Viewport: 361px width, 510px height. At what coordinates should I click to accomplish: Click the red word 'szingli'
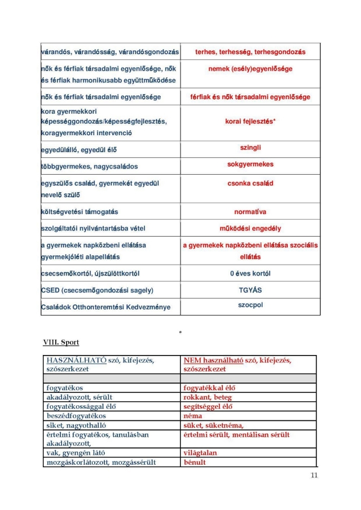click(x=250, y=148)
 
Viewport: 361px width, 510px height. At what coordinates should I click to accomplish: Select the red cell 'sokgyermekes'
click(x=250, y=165)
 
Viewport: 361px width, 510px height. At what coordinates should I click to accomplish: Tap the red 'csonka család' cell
click(x=250, y=183)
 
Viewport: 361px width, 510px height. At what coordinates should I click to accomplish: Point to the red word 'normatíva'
click(x=250, y=212)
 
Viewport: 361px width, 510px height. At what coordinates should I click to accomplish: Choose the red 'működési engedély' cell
click(x=250, y=228)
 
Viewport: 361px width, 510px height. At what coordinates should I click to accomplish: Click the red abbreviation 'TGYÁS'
click(x=250, y=290)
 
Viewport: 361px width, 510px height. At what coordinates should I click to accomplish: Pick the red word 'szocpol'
click(x=250, y=305)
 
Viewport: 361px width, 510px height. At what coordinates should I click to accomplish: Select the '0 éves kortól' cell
click(x=250, y=273)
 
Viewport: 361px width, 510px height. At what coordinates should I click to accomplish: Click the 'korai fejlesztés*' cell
click(x=250, y=121)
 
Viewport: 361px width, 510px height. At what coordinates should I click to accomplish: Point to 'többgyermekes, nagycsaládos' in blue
click(x=89, y=167)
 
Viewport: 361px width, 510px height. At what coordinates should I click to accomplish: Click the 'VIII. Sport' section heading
click(x=61, y=343)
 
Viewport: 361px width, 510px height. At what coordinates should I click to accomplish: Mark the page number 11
click(x=314, y=476)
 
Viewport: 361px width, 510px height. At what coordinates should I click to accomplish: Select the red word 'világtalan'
click(x=200, y=453)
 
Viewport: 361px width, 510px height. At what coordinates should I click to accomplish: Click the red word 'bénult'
click(x=195, y=463)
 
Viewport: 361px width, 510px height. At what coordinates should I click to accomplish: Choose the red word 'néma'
click(x=193, y=415)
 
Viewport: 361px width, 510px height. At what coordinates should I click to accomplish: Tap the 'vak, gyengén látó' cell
click(x=76, y=453)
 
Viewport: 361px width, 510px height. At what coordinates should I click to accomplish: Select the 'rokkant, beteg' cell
click(x=207, y=397)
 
